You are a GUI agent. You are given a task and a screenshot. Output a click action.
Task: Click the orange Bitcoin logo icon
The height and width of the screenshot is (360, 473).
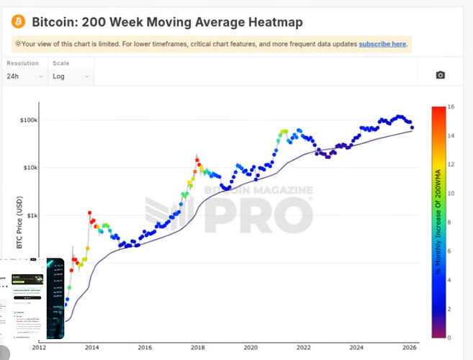[18, 22]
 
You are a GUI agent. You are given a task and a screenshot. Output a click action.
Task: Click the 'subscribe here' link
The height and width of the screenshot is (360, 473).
[383, 44]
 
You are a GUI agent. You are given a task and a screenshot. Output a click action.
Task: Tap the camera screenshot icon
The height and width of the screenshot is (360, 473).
[441, 75]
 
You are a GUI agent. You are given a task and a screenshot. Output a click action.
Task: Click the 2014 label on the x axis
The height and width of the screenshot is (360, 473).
[92, 346]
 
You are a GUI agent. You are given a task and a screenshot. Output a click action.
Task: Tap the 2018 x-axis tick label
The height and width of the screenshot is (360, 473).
[197, 346]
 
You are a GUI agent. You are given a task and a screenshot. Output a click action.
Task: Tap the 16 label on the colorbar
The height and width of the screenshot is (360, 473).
[449, 107]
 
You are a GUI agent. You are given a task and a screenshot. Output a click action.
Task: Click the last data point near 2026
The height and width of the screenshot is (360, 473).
[412, 128]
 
